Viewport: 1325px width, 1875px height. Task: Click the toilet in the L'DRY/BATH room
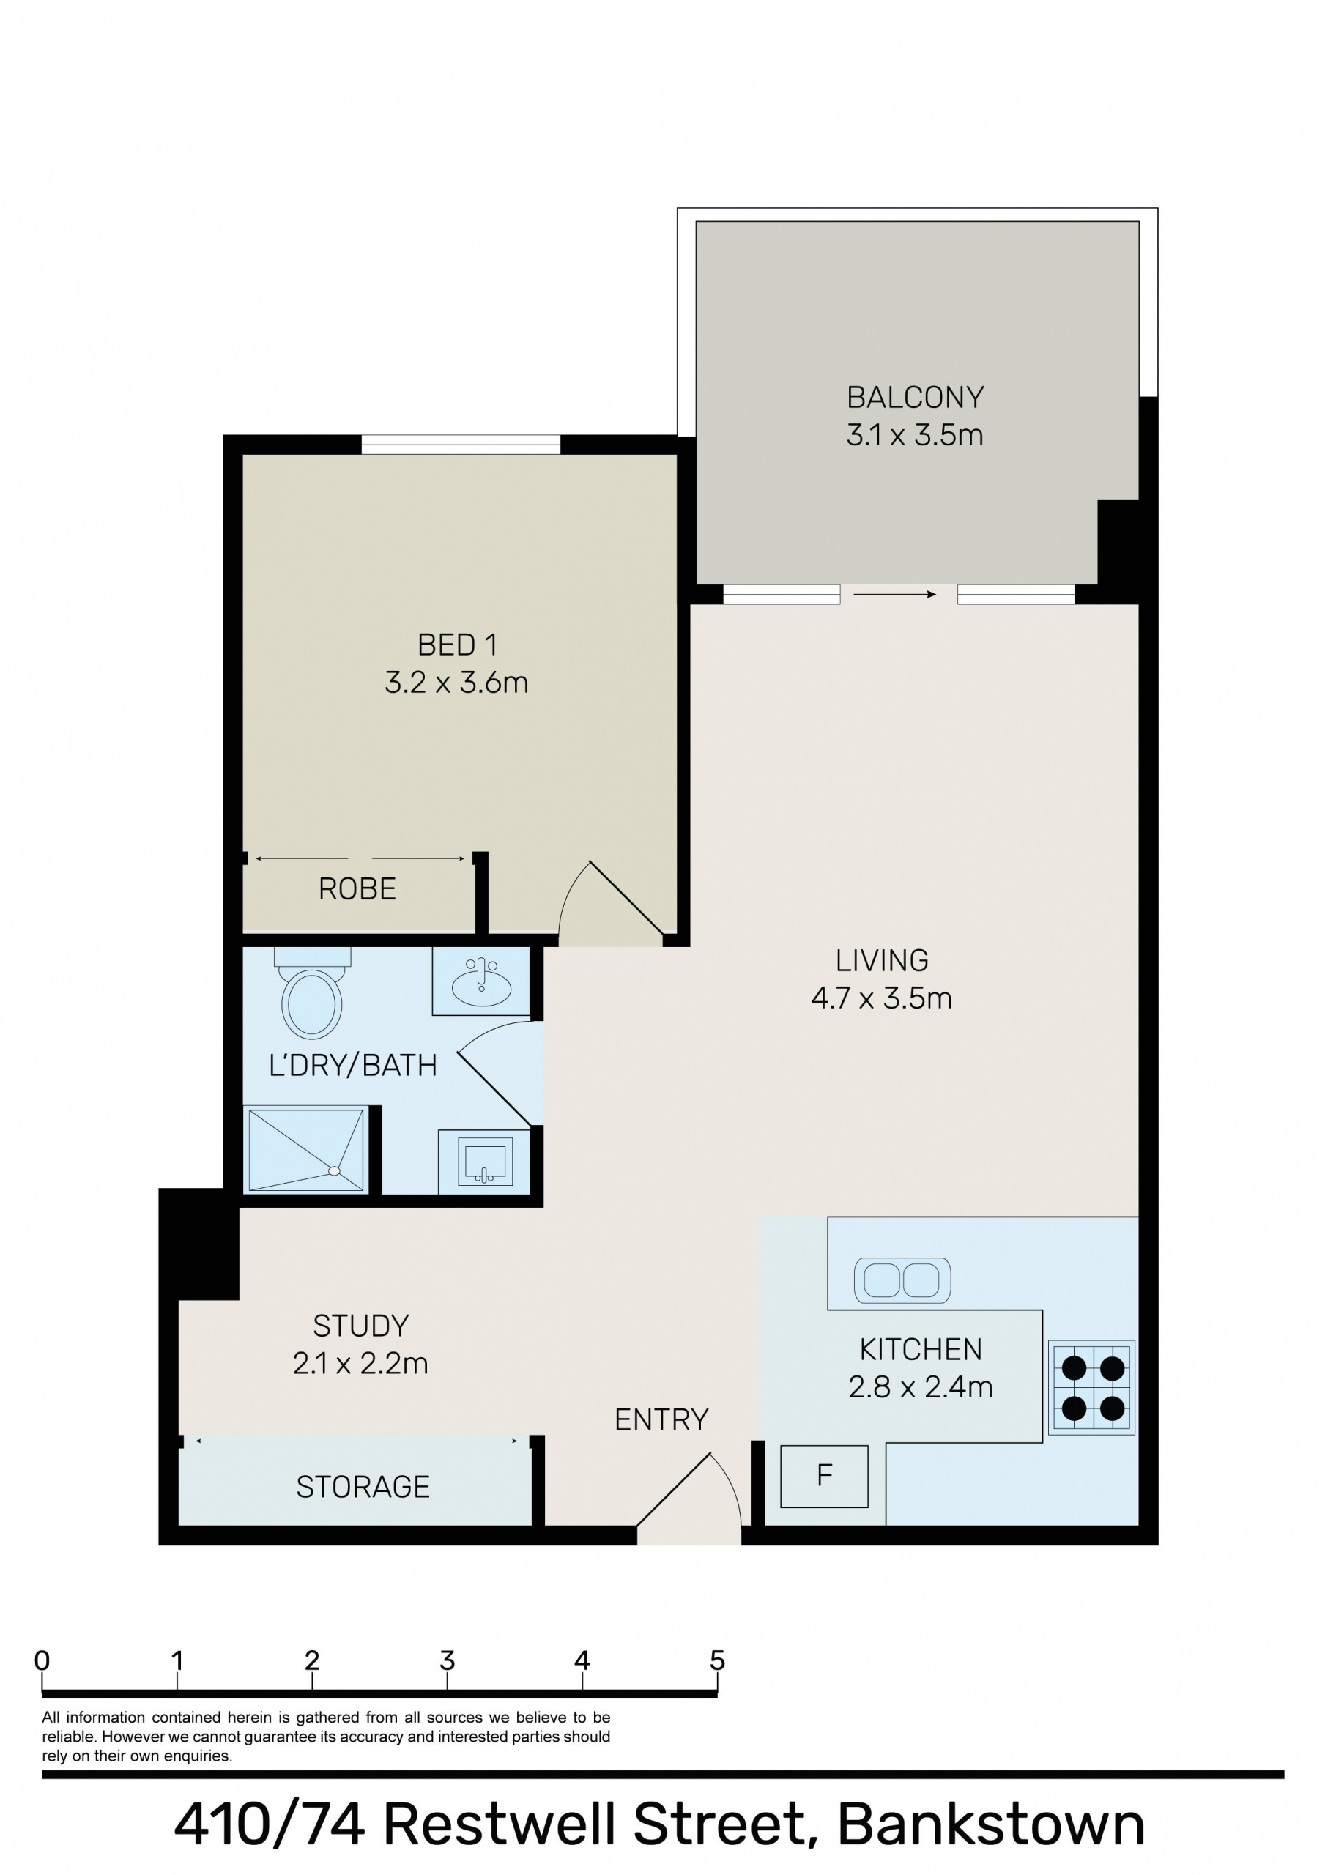point(312,992)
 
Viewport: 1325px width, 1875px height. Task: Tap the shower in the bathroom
point(306,1149)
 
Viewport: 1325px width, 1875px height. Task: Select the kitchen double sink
point(902,1280)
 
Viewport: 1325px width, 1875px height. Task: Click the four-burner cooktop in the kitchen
point(1093,1387)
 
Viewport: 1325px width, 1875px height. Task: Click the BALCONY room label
point(915,398)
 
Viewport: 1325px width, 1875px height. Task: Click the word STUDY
point(360,1326)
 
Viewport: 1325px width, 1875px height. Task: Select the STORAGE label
point(363,1487)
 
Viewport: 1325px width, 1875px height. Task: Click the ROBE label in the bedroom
point(357,888)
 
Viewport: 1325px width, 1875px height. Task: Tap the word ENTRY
point(661,1420)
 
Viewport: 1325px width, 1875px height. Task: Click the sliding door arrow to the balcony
point(894,595)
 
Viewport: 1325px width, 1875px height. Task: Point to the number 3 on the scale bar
point(447,1660)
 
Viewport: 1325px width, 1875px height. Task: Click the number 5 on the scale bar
point(717,1660)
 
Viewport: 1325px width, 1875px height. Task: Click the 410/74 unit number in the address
point(270,1824)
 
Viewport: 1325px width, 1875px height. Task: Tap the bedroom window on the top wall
point(461,445)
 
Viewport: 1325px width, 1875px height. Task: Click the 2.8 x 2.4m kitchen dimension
point(921,1386)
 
